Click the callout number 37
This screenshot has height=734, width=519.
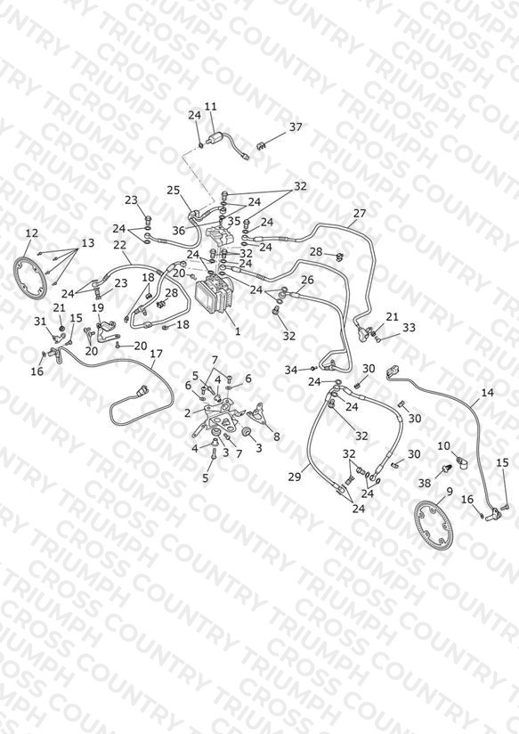tap(296, 126)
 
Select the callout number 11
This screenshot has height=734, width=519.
tap(211, 107)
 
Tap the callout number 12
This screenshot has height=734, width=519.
tap(32, 233)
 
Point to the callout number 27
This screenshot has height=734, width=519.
tap(360, 214)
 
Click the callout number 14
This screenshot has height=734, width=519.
tap(488, 392)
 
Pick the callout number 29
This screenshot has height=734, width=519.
tap(295, 477)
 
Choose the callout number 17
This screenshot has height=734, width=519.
tap(157, 354)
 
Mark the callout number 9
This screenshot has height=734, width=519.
tap(450, 491)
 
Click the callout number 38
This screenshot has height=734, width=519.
tap(425, 483)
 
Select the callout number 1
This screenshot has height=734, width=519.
tap(238, 331)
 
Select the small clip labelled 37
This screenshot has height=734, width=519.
tap(262, 146)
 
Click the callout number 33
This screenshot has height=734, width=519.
tap(409, 327)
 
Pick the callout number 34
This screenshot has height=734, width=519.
tap(291, 371)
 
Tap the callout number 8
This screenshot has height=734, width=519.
tap(277, 436)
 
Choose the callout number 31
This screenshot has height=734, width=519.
tap(40, 321)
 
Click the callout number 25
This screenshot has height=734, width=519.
tap(174, 190)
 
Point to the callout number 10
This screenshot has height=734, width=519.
tap(443, 446)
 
